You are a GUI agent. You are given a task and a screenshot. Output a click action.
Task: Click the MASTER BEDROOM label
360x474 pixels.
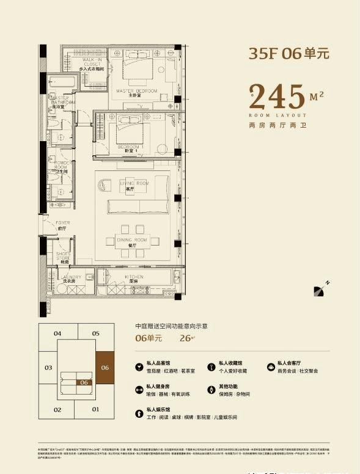click(136, 92)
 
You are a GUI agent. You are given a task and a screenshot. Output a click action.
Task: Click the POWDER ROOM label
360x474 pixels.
click(62, 167)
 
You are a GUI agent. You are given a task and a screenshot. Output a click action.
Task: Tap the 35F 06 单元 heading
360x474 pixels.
click(288, 54)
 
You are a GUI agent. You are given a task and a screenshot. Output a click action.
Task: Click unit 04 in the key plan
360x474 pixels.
click(57, 334)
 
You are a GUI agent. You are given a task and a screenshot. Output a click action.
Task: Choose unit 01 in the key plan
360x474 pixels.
click(95, 409)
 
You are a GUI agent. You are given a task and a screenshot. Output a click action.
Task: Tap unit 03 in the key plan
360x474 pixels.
click(48, 368)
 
